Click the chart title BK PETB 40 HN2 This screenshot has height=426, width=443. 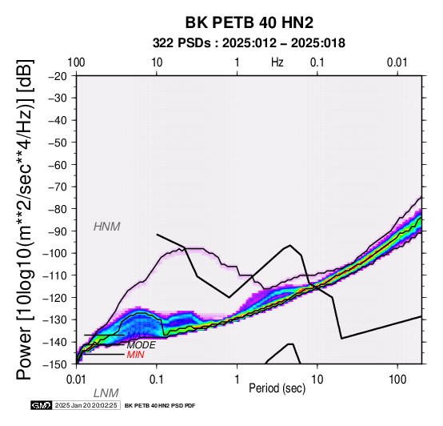tap(249, 22)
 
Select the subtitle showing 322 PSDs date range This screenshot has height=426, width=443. tap(249, 43)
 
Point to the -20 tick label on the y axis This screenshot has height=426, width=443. tap(58, 76)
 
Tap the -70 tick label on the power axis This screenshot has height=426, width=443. tap(58, 187)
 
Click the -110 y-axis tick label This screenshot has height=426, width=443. tap(55, 275)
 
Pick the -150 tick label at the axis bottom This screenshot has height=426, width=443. tap(55, 364)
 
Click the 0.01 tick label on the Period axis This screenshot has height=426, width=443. tap(77, 380)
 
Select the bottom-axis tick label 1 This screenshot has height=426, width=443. tap(237, 380)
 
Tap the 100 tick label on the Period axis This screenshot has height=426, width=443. tap(397, 380)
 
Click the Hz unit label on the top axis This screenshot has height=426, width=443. tap(277, 62)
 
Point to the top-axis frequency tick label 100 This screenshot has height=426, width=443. tap(76, 62)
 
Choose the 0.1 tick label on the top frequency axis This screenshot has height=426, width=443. tap(317, 62)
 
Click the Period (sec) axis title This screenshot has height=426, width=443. tap(277, 388)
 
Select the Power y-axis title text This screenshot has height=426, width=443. tap(25, 219)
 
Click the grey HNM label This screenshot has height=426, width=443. tap(107, 227)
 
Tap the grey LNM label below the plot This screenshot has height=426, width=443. tap(106, 393)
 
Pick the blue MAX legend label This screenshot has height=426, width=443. tap(137, 336)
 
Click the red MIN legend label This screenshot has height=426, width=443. tap(136, 355)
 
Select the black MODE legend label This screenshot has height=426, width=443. tap(142, 345)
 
